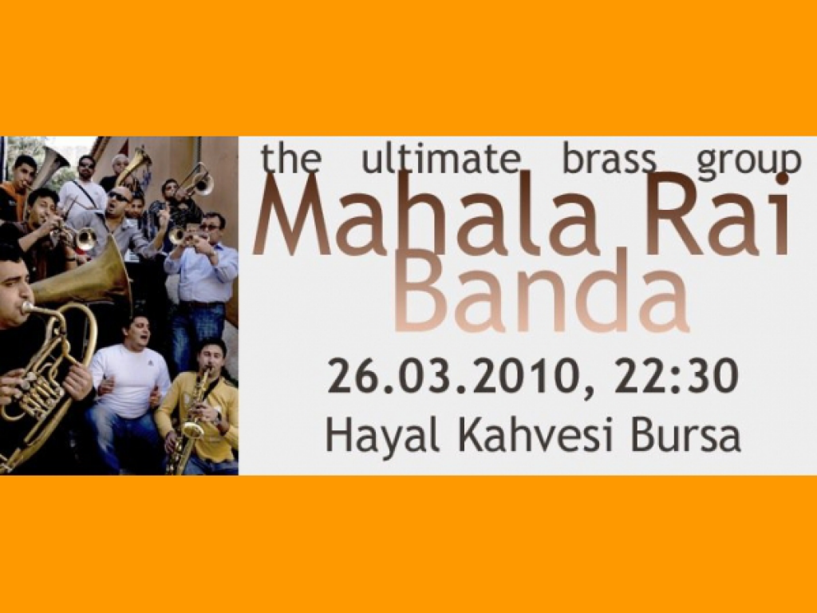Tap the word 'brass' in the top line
pos(609,159)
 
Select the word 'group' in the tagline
pos(748,162)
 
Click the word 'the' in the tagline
pos(290,158)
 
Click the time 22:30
pos(676,375)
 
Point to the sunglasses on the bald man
pos(120,197)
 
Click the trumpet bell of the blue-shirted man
pos(177,236)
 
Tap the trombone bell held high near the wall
pos(203,184)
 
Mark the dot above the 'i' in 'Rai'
pos(781,180)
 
